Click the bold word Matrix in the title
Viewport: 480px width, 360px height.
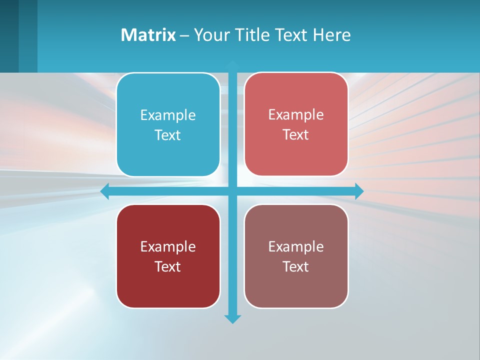148,35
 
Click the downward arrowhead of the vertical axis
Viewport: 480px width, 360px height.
232,318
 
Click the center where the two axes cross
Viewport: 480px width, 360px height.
232,191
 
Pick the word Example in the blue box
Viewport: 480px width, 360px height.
168,115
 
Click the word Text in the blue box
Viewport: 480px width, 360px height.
168,135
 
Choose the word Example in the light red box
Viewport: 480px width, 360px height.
296,114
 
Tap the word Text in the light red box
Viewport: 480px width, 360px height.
296,134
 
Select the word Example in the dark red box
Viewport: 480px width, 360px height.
168,246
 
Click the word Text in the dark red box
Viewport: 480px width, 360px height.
168,266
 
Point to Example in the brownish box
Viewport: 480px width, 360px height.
296,246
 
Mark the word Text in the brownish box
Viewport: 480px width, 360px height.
296,266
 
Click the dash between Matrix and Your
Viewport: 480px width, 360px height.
184,35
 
